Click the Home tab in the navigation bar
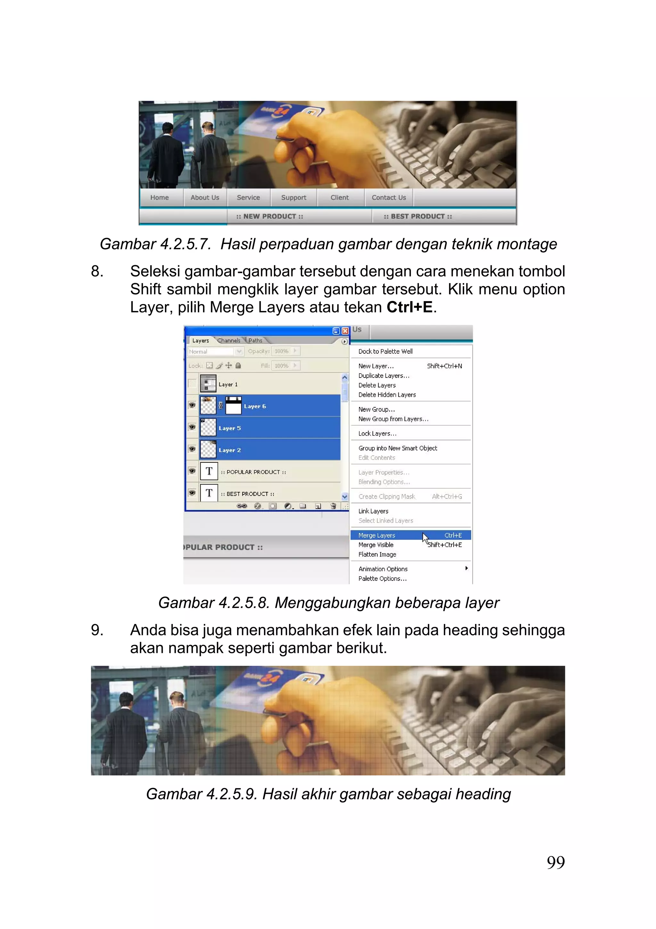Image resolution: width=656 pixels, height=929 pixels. pos(159,198)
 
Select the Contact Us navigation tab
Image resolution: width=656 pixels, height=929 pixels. pos(389,198)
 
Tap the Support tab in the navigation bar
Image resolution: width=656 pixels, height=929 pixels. pos(293,198)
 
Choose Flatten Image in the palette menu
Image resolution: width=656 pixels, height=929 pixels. pos(377,554)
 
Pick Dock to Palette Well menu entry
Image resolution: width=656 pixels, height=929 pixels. pos(385,351)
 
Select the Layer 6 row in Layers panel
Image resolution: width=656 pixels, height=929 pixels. pos(283,406)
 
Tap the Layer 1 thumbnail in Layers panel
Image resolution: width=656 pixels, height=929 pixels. pos(208,384)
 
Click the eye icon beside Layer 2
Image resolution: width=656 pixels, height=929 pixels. pos(192,449)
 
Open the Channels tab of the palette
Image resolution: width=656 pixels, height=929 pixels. pos(229,340)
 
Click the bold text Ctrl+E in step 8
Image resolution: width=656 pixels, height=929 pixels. pos(409,307)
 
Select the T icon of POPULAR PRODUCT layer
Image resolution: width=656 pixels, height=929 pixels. pos(209,471)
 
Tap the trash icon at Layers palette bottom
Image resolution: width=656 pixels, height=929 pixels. pos(333,506)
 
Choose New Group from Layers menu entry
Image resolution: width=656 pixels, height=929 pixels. pos(393,419)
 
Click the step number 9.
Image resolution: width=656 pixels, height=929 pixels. pos(97,630)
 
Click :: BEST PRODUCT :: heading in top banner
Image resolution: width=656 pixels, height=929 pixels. pos(418,216)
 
